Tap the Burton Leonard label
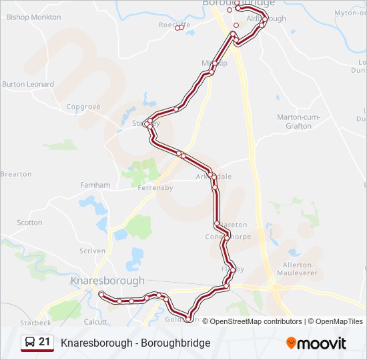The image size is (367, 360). [28, 84]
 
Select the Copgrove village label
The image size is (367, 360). [83, 107]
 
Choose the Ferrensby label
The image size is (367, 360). [155, 188]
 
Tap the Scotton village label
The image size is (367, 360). [29, 223]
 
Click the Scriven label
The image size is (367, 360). [92, 251]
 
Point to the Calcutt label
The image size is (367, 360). [95, 321]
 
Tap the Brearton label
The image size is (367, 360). [16, 174]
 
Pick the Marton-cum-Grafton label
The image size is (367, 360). [298, 121]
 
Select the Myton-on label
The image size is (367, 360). [352, 12]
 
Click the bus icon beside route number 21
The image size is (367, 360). [30, 343]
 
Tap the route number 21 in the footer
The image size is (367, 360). [45, 342]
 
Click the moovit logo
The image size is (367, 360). [316, 343]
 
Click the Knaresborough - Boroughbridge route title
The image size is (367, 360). [135, 343]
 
